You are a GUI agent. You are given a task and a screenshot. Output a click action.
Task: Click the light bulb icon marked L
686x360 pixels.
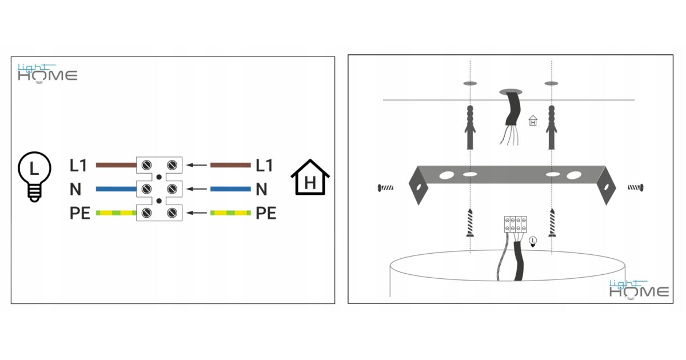pos(34,177)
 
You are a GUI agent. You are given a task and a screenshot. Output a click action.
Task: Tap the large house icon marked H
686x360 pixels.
pos(310,177)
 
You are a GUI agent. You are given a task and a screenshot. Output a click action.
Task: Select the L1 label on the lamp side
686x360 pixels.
pos(78,166)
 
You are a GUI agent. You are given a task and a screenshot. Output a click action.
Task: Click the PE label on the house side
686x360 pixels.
pos(266,213)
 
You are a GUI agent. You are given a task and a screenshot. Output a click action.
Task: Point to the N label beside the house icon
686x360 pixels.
pos(262,189)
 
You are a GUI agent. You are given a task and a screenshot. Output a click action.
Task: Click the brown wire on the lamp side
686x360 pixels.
pos(116,165)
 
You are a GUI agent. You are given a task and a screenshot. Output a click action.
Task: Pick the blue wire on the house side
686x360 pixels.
pos(230,189)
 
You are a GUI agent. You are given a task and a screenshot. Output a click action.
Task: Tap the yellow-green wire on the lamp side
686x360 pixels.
pos(116,213)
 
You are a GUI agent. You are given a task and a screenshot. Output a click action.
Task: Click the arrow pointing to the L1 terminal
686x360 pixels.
pos(197,165)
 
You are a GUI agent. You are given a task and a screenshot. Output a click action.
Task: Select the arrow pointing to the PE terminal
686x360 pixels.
pos(197,213)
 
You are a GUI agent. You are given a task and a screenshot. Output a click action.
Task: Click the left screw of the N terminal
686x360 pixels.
pos(146,189)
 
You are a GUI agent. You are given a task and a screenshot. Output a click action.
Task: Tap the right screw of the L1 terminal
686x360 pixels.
pos(172,165)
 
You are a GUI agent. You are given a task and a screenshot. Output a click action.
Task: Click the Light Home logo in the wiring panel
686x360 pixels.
pos(47,74)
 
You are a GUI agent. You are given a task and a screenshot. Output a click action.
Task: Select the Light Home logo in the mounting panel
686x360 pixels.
pos(639,289)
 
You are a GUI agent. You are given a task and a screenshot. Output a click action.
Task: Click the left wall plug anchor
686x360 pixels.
pos(470,127)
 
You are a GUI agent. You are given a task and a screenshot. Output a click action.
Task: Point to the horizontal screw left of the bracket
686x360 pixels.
pos(385,187)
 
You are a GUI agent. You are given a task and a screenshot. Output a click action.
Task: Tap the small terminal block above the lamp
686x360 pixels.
pos(516,225)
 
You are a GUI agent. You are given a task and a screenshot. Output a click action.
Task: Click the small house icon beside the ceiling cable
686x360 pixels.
pos(533,121)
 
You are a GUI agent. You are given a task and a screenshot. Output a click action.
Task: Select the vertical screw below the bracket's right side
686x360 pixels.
pos(552,222)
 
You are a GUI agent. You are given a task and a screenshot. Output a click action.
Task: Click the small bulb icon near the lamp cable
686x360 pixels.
pos(533,242)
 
